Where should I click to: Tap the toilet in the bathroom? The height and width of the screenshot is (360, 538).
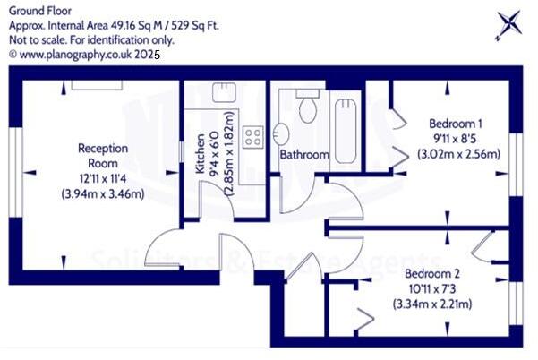pos(308,107)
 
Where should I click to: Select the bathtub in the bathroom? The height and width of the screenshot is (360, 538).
pos(345,129)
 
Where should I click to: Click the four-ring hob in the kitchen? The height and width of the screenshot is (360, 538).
pos(253,136)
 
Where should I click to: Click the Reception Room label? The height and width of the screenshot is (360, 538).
pos(103,156)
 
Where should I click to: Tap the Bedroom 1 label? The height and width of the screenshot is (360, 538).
pos(457,124)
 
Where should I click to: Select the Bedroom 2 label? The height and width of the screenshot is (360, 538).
pos(432,274)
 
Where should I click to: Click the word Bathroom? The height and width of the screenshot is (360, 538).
pos(304,155)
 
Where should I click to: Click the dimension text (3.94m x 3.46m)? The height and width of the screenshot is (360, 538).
pos(103,193)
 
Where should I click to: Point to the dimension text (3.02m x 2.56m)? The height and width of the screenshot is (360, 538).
pos(458,154)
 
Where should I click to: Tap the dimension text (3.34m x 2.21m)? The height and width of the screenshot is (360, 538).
pos(432,304)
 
